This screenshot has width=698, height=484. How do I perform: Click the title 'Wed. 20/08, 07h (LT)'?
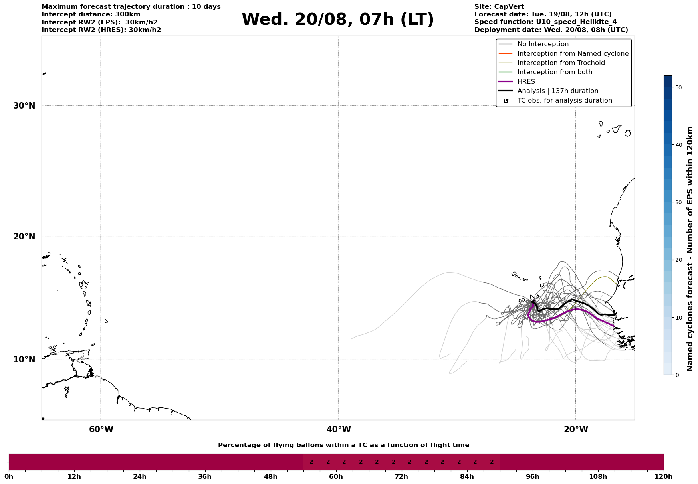(337, 20)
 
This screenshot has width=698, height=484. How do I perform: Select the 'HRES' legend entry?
(526, 82)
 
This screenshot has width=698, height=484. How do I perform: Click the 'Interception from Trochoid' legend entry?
(561, 63)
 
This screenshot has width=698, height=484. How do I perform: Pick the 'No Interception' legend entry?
(543, 44)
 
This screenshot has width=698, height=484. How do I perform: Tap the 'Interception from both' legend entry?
(555, 72)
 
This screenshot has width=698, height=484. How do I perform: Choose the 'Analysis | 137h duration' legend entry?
(557, 91)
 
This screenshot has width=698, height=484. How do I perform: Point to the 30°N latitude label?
(24, 106)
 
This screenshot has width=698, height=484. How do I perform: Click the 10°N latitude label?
(24, 360)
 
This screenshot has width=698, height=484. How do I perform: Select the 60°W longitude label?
(101, 429)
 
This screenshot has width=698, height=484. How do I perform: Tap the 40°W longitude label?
(339, 429)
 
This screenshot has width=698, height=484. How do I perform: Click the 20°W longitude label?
(576, 429)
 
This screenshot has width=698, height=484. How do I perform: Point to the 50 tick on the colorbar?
(678, 87)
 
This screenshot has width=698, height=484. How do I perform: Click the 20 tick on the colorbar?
(678, 260)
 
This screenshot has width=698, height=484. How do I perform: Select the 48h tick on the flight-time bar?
(271, 476)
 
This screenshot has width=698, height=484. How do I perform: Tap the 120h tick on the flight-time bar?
(664, 476)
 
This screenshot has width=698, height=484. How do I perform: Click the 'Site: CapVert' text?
(499, 7)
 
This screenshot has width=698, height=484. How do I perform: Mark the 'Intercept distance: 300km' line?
(91, 14)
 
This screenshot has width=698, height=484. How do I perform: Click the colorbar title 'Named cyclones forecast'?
(690, 249)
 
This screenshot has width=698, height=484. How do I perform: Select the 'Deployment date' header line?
(551, 30)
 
